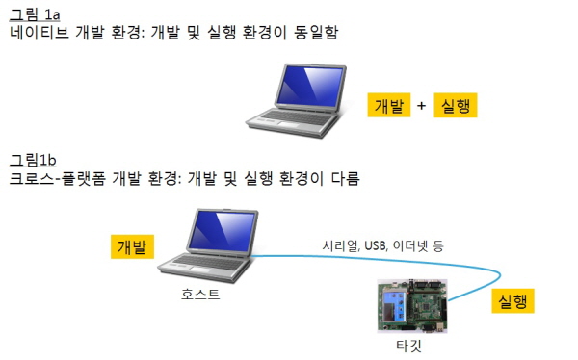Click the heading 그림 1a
pyautogui.click(x=35, y=14)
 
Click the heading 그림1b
pyautogui.click(x=33, y=160)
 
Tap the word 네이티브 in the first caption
pyautogui.click(x=39, y=33)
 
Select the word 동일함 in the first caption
pyautogui.click(x=316, y=33)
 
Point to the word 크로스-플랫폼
pyautogui.click(x=58, y=178)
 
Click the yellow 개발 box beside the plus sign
pyautogui.click(x=389, y=105)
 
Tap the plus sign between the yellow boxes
pyautogui.click(x=421, y=106)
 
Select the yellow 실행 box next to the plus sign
pyautogui.click(x=456, y=105)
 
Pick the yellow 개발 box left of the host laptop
pyautogui.click(x=132, y=246)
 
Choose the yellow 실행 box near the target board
pyautogui.click(x=512, y=301)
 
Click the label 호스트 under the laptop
pyautogui.click(x=200, y=294)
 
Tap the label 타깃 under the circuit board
pyautogui.click(x=408, y=346)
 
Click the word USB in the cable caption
pyautogui.click(x=376, y=245)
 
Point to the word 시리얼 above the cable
pyautogui.click(x=341, y=245)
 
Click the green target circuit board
pyautogui.click(x=412, y=306)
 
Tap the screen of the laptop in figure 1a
pyautogui.click(x=310, y=86)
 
